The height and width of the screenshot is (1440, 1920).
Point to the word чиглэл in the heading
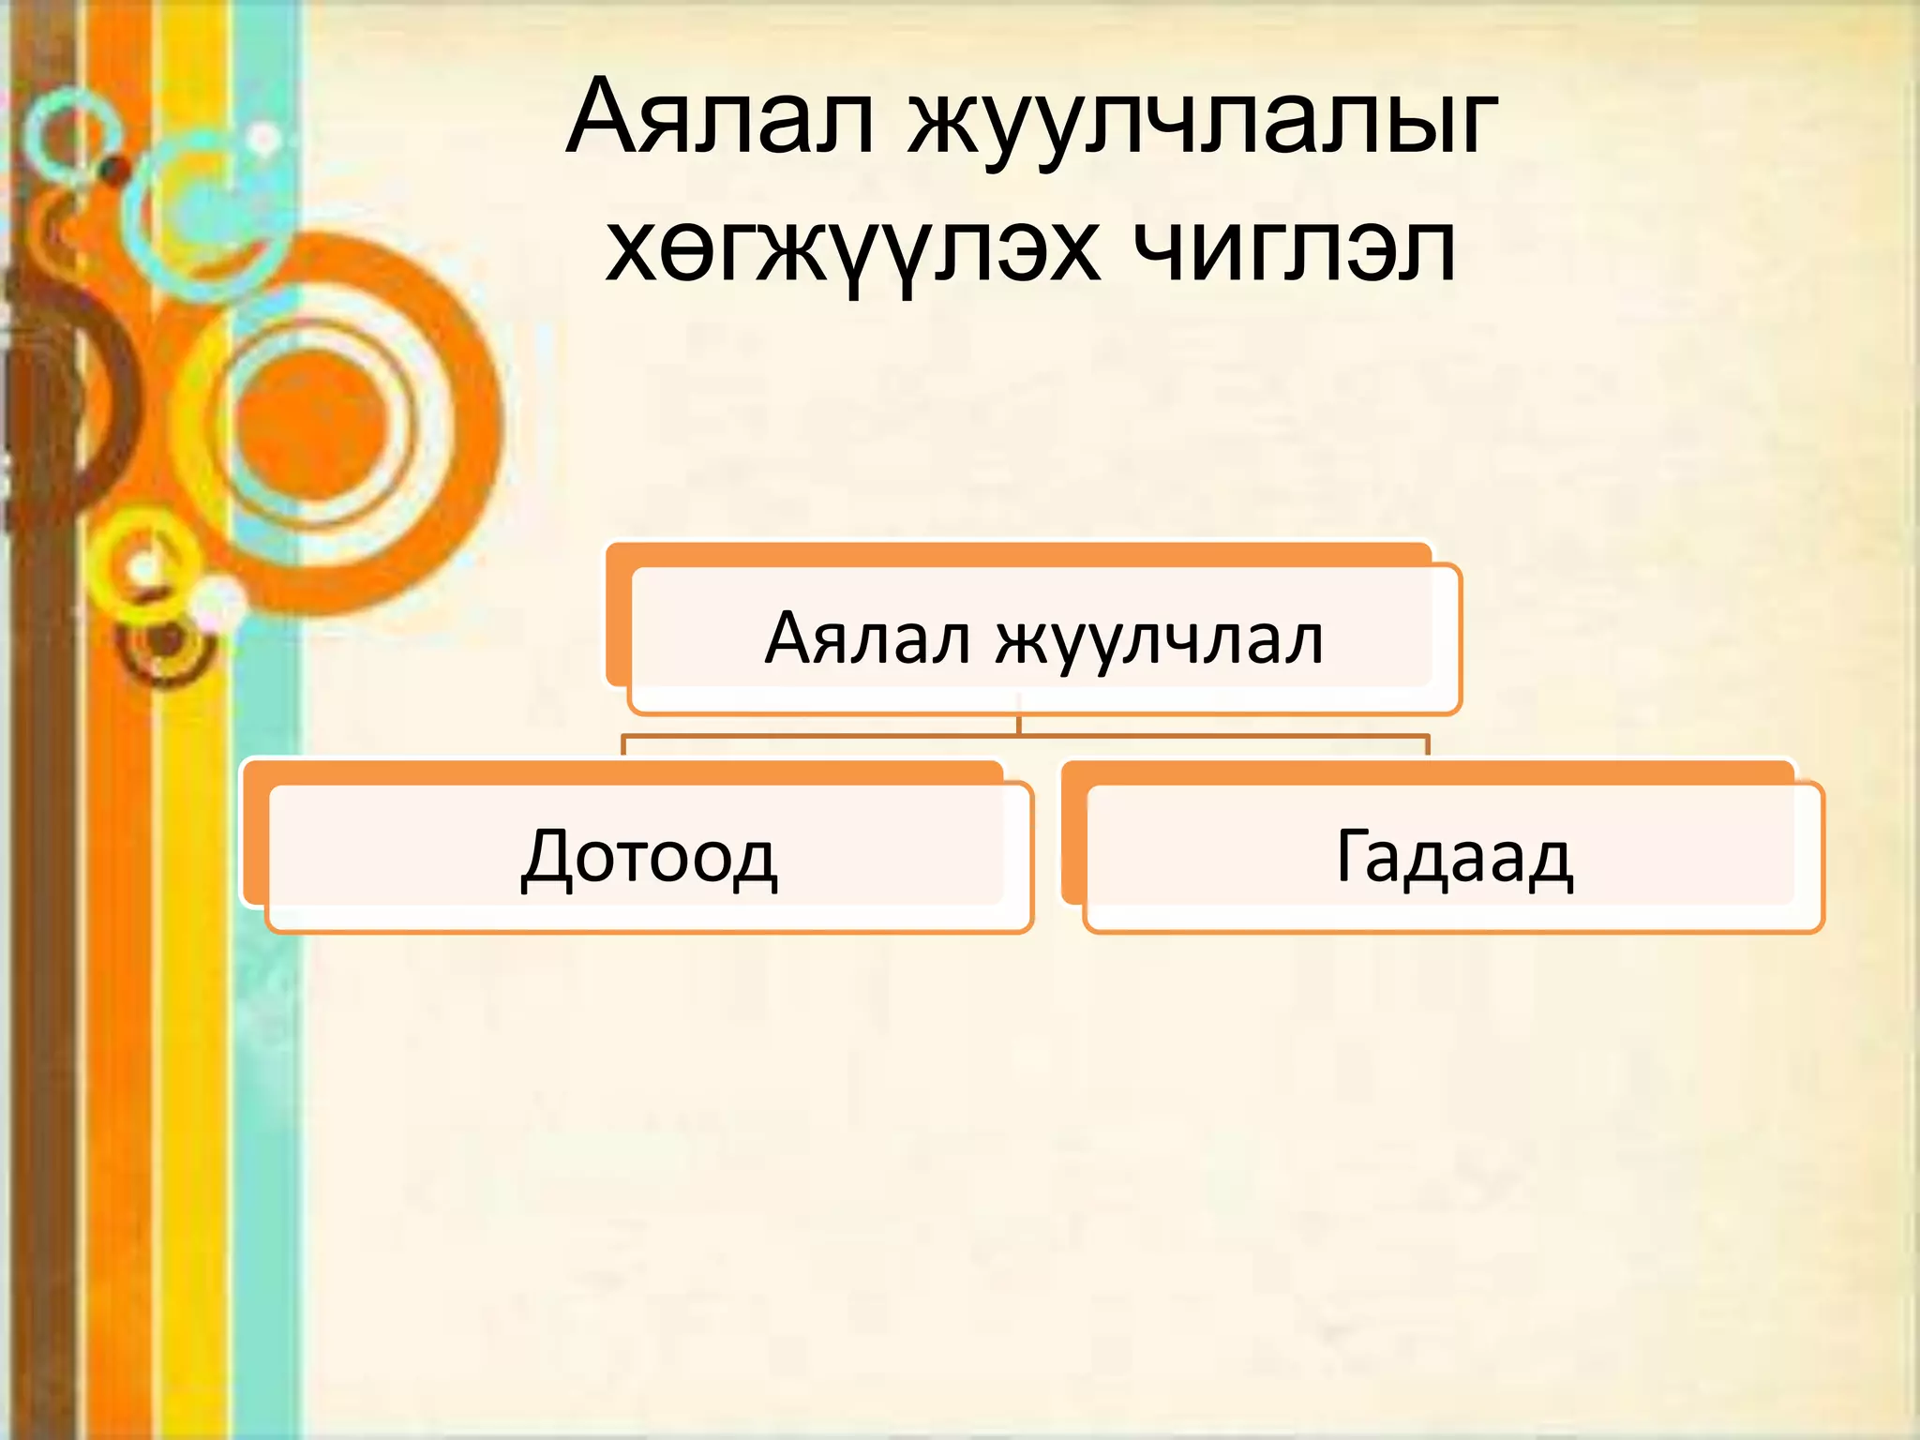(1294, 249)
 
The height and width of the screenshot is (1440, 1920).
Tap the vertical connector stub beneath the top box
(1019, 726)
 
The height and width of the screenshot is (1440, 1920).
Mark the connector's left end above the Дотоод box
(624, 745)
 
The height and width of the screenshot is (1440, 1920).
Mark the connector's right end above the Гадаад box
(1427, 745)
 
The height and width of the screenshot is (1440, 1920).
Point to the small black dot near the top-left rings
(115, 170)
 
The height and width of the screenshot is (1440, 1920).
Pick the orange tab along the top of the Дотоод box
(623, 772)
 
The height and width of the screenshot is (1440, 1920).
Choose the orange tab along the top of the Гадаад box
(1425, 772)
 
